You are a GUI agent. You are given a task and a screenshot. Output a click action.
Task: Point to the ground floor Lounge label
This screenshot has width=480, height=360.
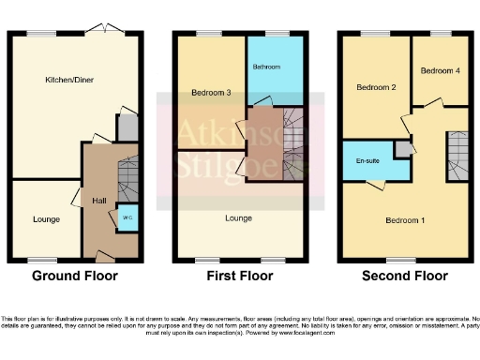click(x=46, y=219)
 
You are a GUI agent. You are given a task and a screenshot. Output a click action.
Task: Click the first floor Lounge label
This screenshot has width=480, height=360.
click(x=240, y=217)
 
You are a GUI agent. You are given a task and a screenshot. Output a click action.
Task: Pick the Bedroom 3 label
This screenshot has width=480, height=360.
click(x=211, y=93)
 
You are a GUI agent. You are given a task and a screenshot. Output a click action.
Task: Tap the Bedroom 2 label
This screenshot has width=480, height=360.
click(x=375, y=87)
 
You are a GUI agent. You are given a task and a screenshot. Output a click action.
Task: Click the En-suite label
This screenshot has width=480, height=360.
click(x=367, y=161)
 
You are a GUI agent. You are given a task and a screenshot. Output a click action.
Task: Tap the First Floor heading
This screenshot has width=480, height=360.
click(x=240, y=277)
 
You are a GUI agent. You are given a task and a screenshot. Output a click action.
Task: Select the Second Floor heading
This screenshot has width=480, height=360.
click(x=405, y=277)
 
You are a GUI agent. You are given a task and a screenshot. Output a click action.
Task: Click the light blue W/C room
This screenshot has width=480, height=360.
click(x=127, y=217)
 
